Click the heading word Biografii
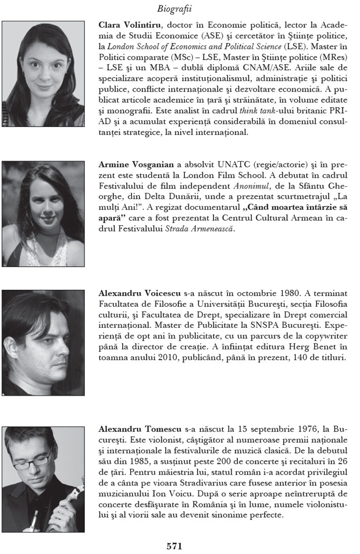174,8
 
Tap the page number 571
175,545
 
